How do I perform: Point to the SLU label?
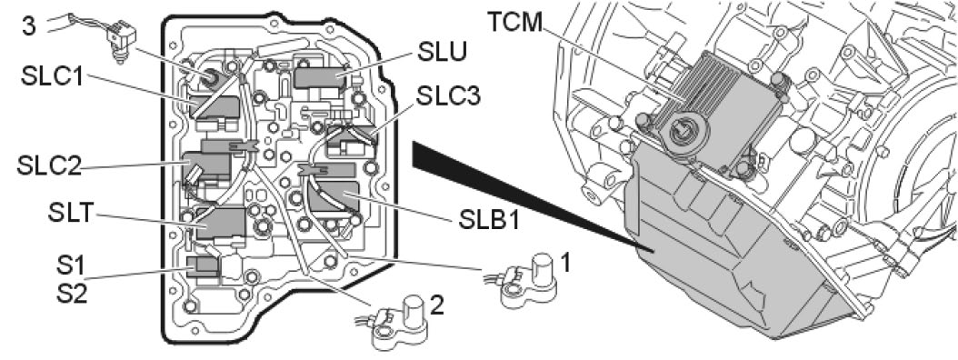443,53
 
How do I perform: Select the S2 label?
66,294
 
